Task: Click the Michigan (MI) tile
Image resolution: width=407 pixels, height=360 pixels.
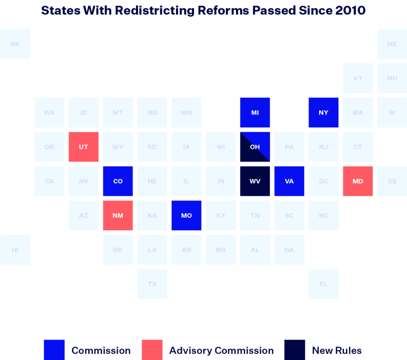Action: [255, 113]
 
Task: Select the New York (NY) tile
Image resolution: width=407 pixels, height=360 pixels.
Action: [324, 113]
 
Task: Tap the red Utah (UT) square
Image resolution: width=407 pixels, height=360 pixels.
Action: [83, 147]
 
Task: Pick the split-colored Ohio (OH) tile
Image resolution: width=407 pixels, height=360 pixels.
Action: [255, 147]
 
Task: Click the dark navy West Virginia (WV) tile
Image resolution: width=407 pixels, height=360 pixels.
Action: [255, 181]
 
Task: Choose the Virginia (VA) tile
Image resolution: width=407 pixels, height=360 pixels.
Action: [289, 181]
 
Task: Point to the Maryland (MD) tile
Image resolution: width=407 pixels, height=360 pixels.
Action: [358, 181]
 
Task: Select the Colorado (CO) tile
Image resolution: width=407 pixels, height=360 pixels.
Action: [118, 181]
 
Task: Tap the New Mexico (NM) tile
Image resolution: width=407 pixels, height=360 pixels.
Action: [118, 215]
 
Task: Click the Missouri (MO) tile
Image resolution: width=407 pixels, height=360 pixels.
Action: [186, 215]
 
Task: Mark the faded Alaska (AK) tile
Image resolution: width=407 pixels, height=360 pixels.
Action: [15, 44]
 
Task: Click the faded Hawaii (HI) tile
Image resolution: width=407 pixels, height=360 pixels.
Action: [15, 250]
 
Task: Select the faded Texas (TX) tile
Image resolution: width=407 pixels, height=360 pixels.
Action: [152, 284]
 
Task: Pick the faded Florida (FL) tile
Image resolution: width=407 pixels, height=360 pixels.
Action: [324, 284]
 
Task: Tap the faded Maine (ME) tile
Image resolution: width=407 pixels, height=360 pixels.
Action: [392, 44]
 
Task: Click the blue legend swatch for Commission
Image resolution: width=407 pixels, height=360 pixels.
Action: [54, 350]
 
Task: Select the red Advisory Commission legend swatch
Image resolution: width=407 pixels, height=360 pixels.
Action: [152, 350]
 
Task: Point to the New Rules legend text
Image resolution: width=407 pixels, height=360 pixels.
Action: [337, 350]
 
